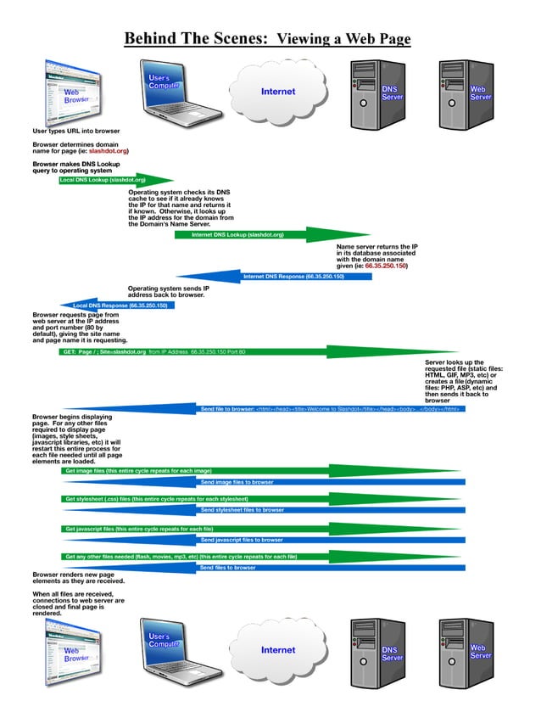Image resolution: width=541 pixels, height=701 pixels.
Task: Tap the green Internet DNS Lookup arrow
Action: coord(254,235)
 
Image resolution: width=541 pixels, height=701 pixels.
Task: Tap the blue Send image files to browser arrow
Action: coord(254,481)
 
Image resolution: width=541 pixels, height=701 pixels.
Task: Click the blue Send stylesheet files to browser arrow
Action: coord(254,510)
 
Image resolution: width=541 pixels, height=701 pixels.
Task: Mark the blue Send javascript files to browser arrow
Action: coord(254,540)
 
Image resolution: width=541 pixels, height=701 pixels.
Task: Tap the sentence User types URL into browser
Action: coord(75,132)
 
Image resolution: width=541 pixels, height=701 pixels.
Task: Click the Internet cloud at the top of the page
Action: coord(278,92)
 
